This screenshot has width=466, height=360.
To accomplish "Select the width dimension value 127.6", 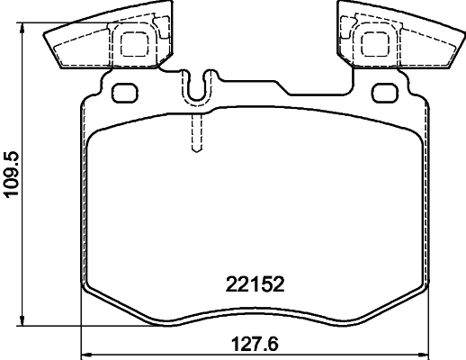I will (x=253, y=344).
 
